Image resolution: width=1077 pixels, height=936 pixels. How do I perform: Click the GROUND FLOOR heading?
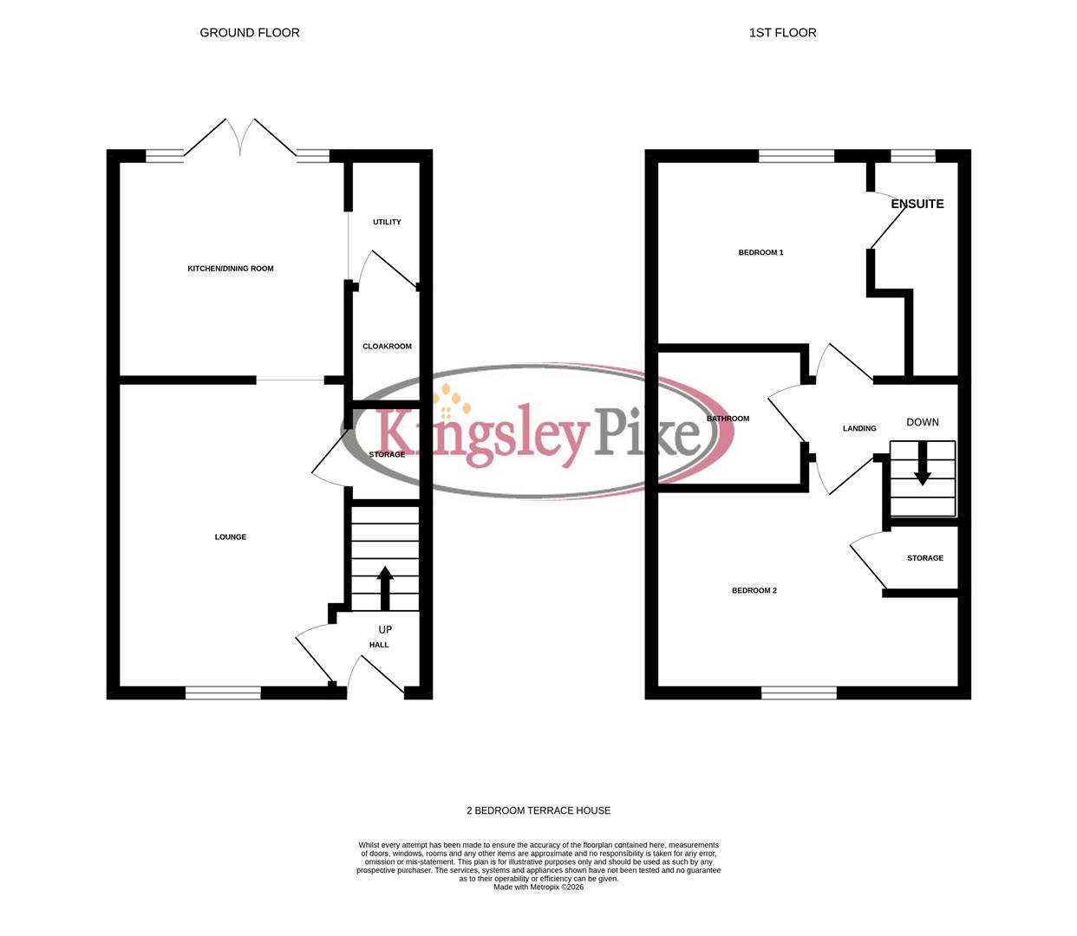250,33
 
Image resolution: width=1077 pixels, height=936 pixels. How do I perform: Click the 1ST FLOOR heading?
782,33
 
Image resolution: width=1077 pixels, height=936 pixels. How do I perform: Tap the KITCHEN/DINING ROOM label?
231,269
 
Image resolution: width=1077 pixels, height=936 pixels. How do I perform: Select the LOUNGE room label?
231,537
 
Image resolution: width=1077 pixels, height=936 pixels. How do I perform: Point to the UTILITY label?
387,223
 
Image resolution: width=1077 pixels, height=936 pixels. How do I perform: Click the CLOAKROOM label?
387,347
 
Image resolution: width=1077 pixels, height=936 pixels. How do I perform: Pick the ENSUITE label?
917,205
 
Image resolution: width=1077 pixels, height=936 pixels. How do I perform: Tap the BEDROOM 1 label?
760,253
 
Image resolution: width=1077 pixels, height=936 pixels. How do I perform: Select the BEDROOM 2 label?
754,591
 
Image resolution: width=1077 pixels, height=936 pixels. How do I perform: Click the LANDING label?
859,429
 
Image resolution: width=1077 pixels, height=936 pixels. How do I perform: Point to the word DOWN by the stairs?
923,423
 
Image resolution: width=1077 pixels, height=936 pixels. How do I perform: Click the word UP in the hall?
385,630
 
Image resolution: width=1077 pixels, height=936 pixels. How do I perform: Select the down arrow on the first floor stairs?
923,464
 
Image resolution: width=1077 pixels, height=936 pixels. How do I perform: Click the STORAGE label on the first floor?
925,558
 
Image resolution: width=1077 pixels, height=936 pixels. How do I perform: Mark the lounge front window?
223,692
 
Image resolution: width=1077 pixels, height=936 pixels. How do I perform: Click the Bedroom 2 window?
799,692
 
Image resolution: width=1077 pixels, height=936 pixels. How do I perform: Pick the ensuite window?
913,156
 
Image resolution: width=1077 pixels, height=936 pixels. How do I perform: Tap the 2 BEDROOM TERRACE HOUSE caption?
538,811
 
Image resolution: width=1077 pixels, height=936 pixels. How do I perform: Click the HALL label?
379,646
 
